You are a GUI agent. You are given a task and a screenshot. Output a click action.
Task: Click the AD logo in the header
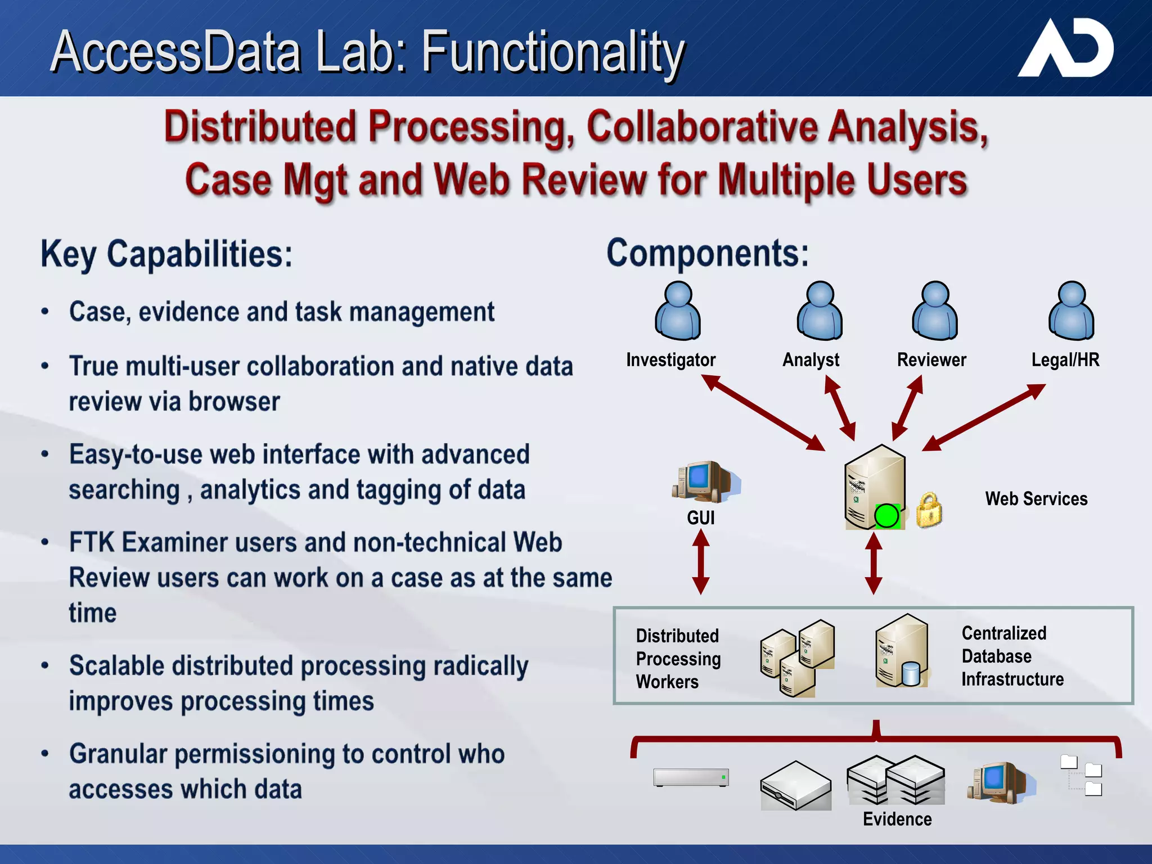coord(1066,49)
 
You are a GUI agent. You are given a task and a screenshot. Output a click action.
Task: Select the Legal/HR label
coord(1065,360)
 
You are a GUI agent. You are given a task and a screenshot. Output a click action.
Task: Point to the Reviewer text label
coord(931,360)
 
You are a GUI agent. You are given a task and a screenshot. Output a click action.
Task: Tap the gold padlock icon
coord(929,510)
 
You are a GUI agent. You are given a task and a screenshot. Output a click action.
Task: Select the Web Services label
coord(1036,499)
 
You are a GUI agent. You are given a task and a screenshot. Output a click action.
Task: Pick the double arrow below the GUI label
coord(700,562)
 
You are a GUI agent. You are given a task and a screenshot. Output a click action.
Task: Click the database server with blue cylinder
coord(901,652)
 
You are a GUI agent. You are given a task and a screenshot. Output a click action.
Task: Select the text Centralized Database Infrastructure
coord(1012,656)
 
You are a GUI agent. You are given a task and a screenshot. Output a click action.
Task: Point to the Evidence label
coord(897,820)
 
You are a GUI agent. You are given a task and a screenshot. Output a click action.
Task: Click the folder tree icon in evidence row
coord(1081,776)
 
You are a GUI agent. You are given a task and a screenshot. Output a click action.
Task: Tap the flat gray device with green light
coord(691,777)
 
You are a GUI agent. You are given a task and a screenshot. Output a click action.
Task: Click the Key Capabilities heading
coord(166,255)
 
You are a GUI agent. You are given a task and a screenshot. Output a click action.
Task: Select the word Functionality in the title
coord(553,52)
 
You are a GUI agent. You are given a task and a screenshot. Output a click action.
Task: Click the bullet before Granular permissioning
coord(45,754)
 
